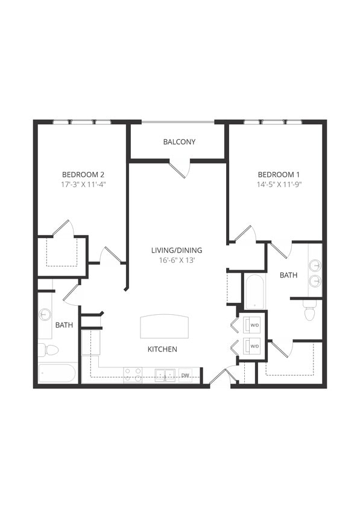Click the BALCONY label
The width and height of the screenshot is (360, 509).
tap(179, 142)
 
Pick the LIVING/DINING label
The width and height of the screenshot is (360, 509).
tap(177, 250)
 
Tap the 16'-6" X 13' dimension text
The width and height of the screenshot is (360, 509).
tap(177, 261)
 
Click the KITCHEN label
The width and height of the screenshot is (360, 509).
tap(163, 349)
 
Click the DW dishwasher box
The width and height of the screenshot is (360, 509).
tap(186, 375)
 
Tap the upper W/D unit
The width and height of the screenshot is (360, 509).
tap(254, 326)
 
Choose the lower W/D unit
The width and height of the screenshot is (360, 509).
tap(254, 347)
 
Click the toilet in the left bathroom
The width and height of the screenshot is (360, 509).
tap(50, 350)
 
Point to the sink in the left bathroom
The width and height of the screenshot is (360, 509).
tap(45, 314)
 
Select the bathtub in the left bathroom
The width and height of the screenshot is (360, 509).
tap(57, 373)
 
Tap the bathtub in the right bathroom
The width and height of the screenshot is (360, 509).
tap(254, 292)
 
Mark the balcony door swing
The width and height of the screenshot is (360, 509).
tap(180, 168)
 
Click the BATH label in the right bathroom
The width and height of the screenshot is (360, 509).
tap(288, 275)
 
